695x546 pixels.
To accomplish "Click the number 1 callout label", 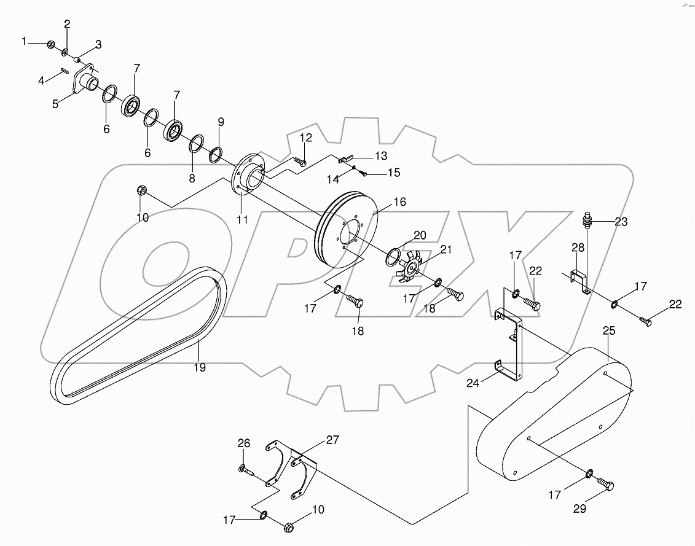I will pos(25,41).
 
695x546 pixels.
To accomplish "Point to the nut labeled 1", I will pos(52,44).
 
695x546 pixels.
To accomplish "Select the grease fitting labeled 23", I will pos(589,220).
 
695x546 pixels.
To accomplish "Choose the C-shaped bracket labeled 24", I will pos(510,344).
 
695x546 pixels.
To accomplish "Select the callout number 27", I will pos(332,440).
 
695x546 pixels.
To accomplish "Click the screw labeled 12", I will pos(300,162).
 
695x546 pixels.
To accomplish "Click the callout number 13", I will pos(381,155).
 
